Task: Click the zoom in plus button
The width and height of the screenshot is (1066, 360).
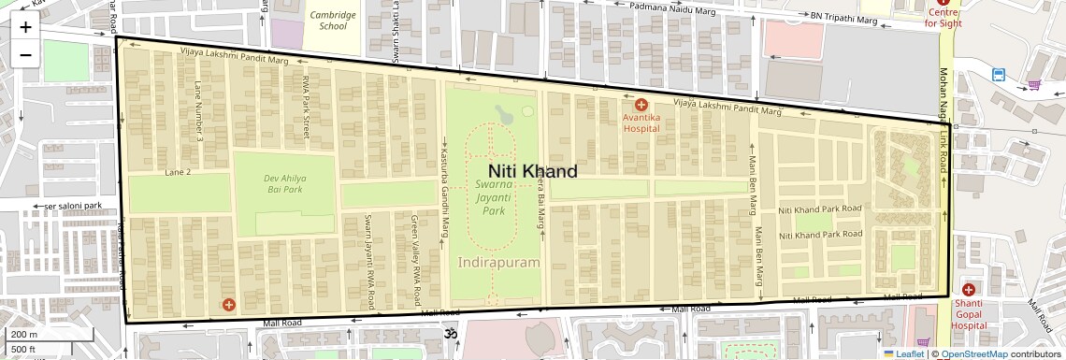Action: pos(25,27)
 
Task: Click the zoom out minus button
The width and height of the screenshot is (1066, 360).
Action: pos(25,54)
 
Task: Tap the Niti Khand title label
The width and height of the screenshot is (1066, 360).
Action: pos(532,171)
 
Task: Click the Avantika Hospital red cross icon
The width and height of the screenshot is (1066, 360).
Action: pos(641,105)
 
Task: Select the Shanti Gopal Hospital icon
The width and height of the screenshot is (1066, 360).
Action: pos(968,290)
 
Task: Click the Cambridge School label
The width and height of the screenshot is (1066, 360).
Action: pos(332,21)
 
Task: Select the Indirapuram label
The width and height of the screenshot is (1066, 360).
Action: pos(499,263)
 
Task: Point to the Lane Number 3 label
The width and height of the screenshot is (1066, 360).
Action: pos(198,111)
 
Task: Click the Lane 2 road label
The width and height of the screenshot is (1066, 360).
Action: pos(178,173)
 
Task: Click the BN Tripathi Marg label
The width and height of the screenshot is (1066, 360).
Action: pos(843,17)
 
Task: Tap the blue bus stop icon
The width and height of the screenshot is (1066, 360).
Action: pos(999,74)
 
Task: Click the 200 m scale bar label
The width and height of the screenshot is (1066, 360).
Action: pos(24,334)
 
